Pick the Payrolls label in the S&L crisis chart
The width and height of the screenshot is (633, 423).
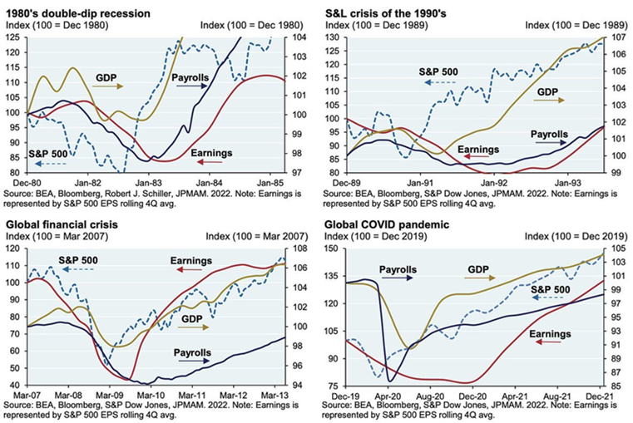(545, 132)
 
